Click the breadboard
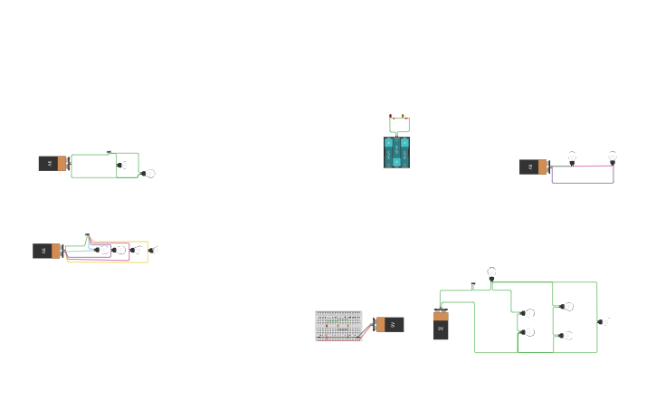(338, 326)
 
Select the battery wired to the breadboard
(390, 324)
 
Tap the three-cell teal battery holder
(396, 152)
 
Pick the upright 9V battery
(441, 325)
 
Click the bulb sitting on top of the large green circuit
(491, 272)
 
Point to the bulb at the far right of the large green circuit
(605, 322)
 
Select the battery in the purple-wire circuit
(534, 167)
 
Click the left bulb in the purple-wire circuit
(572, 158)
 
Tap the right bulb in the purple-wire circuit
(613, 157)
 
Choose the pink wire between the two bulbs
(592, 166)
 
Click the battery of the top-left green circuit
(52, 164)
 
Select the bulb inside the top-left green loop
(125, 166)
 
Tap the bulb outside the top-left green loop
(150, 174)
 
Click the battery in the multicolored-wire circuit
(47, 251)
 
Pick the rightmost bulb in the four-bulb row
(155, 250)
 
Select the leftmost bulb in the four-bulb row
(103, 250)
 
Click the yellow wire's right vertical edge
(147, 252)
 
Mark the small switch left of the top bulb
(472, 286)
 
